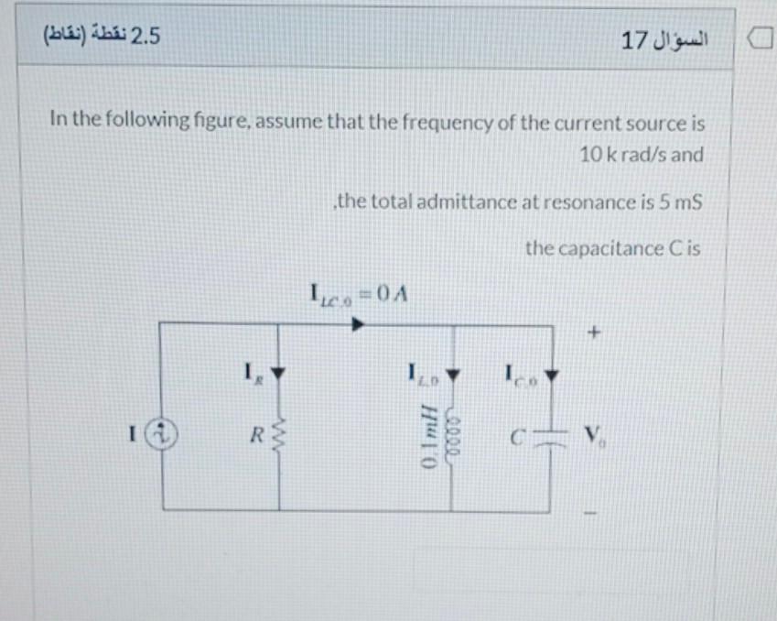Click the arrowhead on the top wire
(360, 324)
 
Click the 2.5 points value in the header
(146, 37)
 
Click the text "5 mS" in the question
(678, 202)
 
